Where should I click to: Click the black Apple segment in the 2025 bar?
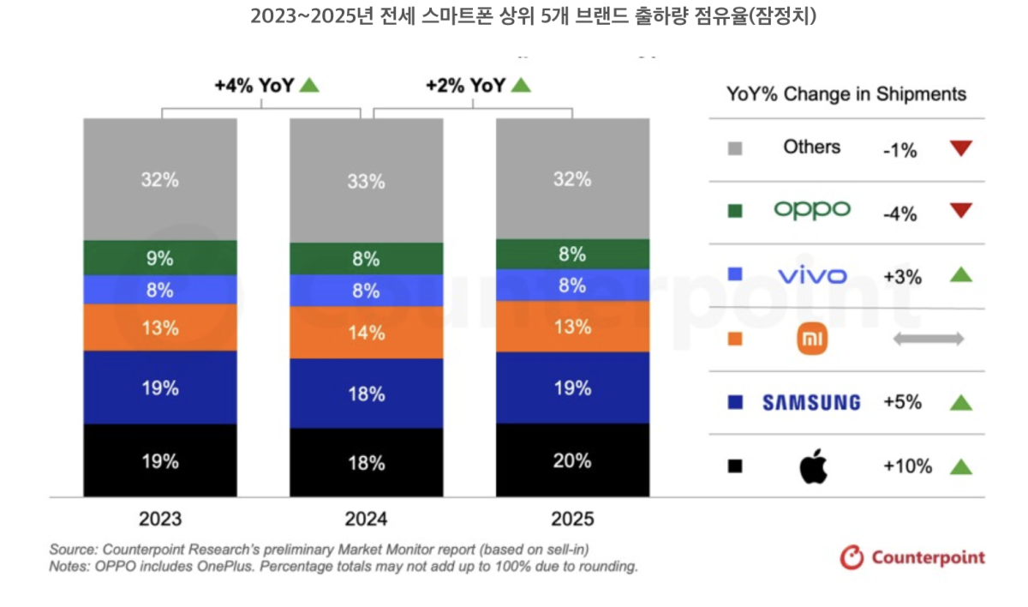[572, 460]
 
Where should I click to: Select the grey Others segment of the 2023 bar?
[160, 179]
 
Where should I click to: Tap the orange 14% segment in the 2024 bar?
[366, 333]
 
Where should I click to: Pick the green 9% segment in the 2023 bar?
[160, 257]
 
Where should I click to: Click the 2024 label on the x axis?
[366, 519]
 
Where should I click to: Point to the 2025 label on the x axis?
[572, 519]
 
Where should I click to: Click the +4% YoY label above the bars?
[254, 85]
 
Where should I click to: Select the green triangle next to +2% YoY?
[521, 85]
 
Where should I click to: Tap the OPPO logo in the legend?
[811, 210]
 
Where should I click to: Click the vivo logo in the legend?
[811, 275]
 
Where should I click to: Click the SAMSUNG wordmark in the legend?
[811, 402]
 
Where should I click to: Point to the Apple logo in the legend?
[811, 467]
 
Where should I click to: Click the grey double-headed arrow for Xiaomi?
[929, 340]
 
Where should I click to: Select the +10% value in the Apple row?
[906, 466]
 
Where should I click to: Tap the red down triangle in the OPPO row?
[961, 211]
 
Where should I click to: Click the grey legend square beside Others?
[734, 148]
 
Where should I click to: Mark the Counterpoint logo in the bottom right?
[912, 557]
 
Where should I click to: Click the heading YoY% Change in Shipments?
[846, 94]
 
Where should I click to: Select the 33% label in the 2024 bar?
[366, 181]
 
